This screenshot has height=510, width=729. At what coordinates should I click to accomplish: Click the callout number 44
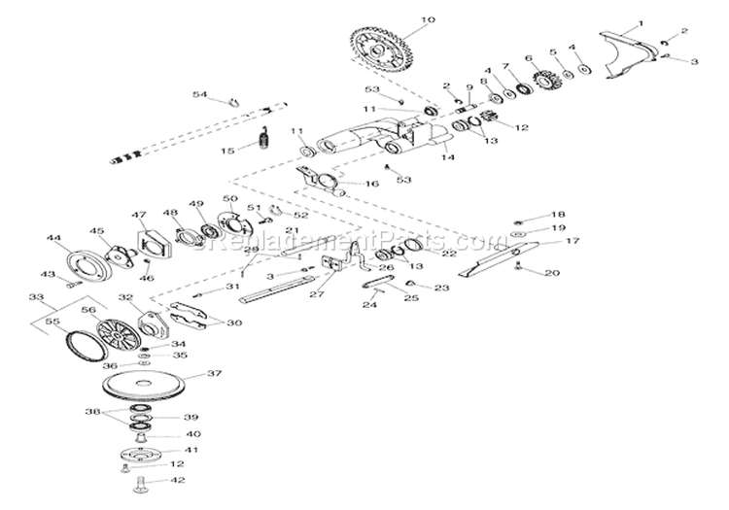point(52,237)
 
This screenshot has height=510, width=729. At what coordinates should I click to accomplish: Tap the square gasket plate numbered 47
point(153,242)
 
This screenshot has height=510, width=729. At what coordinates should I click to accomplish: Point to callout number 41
point(191,450)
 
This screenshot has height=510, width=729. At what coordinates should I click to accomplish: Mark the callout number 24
point(369,304)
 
